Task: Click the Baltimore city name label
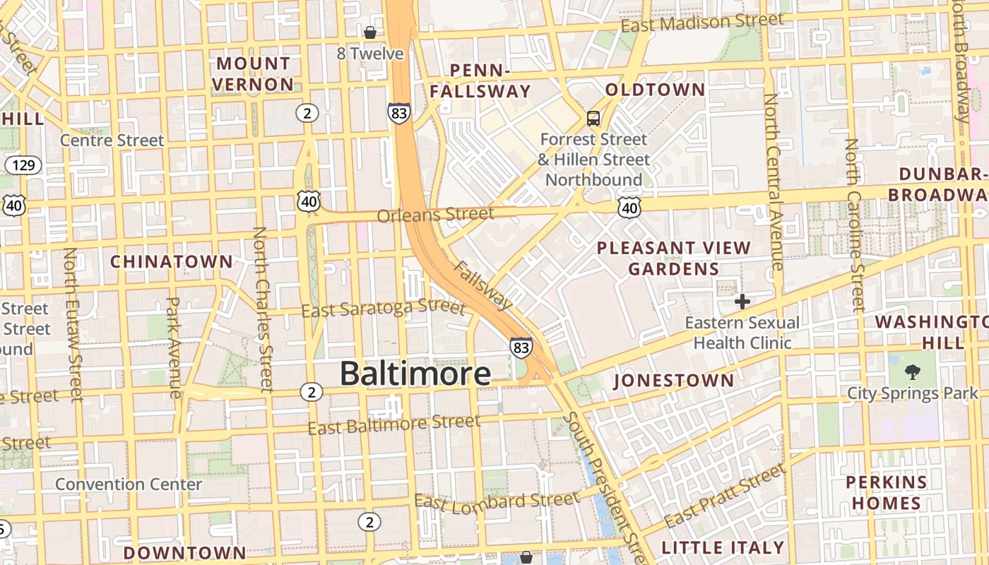pyautogui.click(x=415, y=374)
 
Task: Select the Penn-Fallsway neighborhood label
pyautogui.click(x=480, y=81)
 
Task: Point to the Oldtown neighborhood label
pyautogui.click(x=655, y=90)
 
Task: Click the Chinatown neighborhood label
pyautogui.click(x=171, y=261)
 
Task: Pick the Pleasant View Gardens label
pyautogui.click(x=673, y=258)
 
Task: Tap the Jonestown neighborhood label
pyautogui.click(x=674, y=381)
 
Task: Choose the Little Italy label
pyautogui.click(x=723, y=547)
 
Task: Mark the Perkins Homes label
pyautogui.click(x=886, y=493)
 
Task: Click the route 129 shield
pyautogui.click(x=23, y=166)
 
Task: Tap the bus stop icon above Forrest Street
pyautogui.click(x=593, y=119)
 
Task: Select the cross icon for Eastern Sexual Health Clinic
pyautogui.click(x=742, y=302)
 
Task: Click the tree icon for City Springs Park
pyautogui.click(x=913, y=371)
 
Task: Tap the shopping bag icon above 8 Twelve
pyautogui.click(x=370, y=32)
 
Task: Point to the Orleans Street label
pyautogui.click(x=435, y=214)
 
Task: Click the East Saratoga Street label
pyautogui.click(x=384, y=309)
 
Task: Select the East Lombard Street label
pyautogui.click(x=496, y=501)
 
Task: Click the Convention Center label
pyautogui.click(x=129, y=484)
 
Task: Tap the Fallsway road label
pyautogui.click(x=482, y=285)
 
